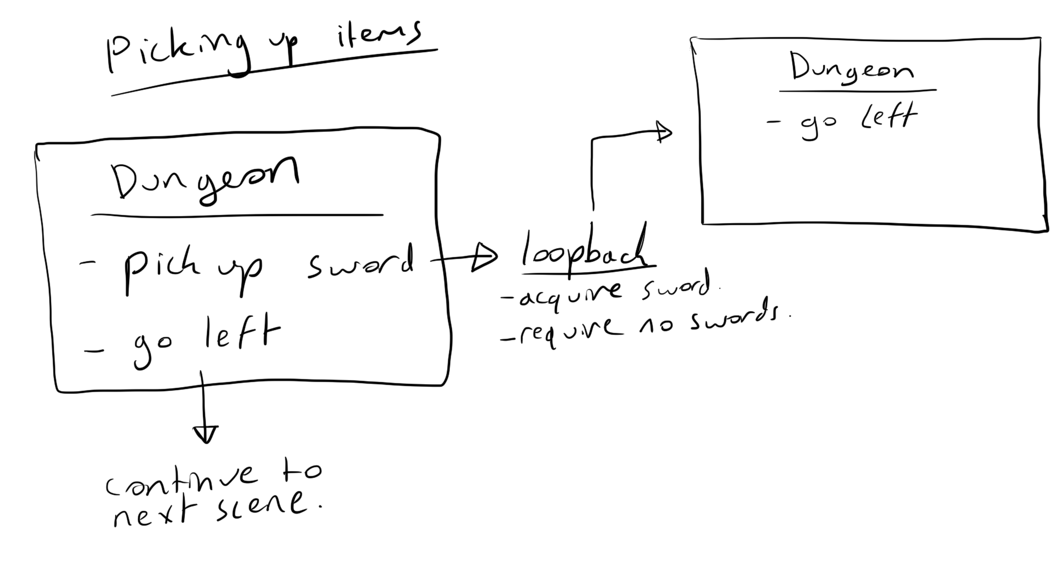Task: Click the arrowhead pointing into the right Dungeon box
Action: pos(664,132)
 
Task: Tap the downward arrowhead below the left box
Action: pos(205,434)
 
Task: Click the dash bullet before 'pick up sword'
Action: pos(87,264)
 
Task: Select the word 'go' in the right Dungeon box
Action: pos(819,124)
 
